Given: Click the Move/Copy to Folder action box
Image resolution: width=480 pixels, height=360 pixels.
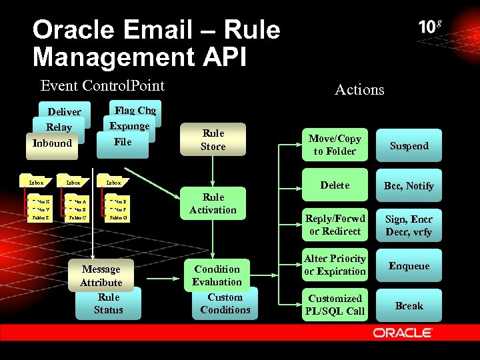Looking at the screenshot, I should click(335, 145).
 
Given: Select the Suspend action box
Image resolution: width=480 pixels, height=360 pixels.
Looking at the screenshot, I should click(409, 145).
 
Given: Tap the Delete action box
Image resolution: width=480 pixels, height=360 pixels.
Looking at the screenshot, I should click(335, 185).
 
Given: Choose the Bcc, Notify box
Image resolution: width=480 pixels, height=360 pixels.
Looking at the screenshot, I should click(409, 185).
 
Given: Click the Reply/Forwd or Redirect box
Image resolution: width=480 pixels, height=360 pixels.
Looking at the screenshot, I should click(335, 225).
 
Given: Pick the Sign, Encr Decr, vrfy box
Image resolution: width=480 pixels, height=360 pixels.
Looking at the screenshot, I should click(409, 225).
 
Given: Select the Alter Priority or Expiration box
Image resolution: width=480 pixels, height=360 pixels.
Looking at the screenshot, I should click(335, 265).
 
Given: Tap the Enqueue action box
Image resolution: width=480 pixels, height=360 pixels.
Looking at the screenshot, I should click(409, 265).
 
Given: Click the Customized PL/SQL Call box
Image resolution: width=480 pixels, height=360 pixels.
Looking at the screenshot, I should click(335, 305).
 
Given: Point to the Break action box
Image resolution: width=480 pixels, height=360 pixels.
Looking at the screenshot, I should click(409, 305).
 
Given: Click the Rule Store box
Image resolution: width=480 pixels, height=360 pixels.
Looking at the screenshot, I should click(213, 140).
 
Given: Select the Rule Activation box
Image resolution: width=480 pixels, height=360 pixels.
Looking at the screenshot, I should click(213, 203).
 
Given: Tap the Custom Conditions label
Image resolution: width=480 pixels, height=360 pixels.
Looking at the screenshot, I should click(225, 304).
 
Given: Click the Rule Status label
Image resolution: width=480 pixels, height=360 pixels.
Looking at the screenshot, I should click(109, 304).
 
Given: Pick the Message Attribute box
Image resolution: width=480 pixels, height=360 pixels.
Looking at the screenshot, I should click(101, 275).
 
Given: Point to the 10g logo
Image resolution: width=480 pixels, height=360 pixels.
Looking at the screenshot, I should click(430, 27).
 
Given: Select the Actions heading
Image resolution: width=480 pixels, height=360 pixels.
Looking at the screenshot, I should click(359, 89).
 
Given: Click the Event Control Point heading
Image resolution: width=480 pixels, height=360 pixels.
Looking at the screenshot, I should click(102, 85).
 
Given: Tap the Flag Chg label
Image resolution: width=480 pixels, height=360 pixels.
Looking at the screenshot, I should click(135, 111).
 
